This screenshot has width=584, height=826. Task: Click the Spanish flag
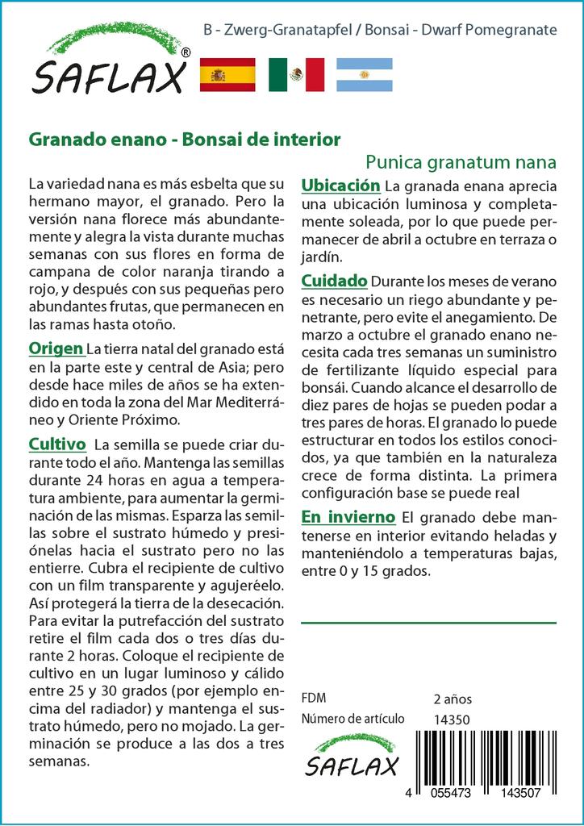(227, 75)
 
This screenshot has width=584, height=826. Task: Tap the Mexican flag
(296, 75)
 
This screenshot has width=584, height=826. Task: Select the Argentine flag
(364, 75)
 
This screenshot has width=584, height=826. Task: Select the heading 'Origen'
(56, 348)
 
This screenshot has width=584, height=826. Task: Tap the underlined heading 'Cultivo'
(57, 444)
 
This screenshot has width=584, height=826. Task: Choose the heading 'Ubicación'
(340, 186)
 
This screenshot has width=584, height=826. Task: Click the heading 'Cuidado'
(334, 281)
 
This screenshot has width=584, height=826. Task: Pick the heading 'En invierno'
(348, 516)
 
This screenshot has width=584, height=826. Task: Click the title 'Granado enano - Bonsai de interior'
(185, 139)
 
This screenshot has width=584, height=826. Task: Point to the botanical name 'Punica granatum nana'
(461, 161)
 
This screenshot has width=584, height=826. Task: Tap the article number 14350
(452, 720)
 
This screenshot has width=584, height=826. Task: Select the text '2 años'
(453, 699)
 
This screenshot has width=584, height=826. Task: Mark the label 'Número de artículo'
(352, 720)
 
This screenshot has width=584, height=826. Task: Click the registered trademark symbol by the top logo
(186, 52)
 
